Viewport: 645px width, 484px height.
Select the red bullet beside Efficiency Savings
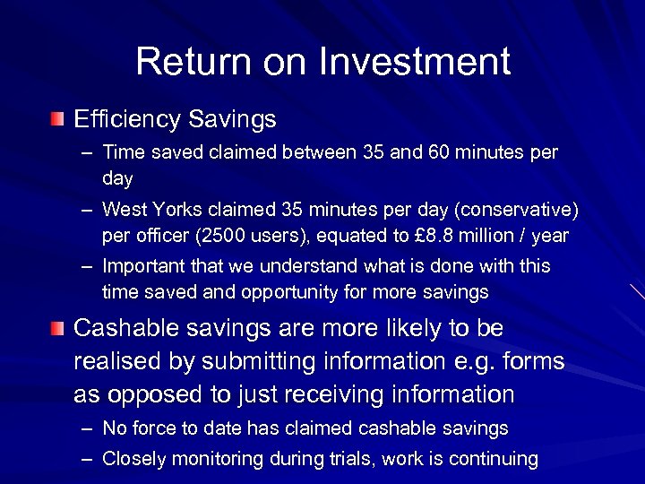[57, 118]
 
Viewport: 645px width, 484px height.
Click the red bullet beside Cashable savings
[57, 329]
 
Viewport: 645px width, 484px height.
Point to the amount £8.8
[439, 236]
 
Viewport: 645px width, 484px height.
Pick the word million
[499, 236]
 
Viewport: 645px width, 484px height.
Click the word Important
[143, 266]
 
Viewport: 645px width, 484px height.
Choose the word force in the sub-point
[152, 428]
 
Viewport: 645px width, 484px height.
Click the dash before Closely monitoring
[85, 459]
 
